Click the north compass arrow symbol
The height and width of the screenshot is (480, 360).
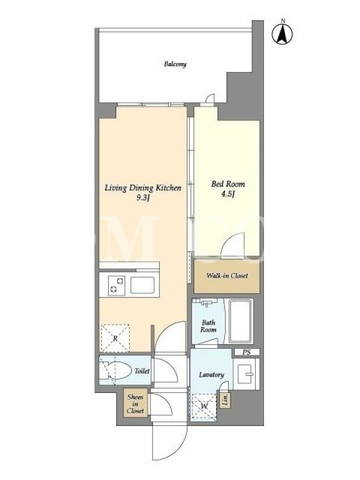tap(282, 34)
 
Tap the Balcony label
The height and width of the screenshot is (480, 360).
tap(175, 64)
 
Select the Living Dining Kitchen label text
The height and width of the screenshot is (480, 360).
tap(143, 188)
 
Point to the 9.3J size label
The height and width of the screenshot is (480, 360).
tap(143, 198)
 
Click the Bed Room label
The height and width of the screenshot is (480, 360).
tap(228, 184)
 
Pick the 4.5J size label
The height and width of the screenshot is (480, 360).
tap(228, 194)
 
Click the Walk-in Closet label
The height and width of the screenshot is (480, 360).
tap(227, 275)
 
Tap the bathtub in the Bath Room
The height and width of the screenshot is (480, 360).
tap(241, 321)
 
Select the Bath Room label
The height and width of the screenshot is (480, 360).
tap(208, 326)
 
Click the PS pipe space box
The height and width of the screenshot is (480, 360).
tap(247, 352)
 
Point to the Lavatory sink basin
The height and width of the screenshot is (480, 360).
tap(246, 373)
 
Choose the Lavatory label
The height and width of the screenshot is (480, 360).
tap(211, 374)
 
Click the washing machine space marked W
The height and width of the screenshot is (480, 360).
tap(204, 406)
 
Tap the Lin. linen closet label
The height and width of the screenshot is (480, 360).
tap(226, 400)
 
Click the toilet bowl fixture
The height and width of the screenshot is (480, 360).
tap(115, 371)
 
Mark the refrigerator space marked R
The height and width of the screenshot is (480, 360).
tap(115, 338)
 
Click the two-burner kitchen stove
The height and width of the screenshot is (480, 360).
tap(116, 285)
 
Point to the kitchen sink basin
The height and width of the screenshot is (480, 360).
tap(142, 286)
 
